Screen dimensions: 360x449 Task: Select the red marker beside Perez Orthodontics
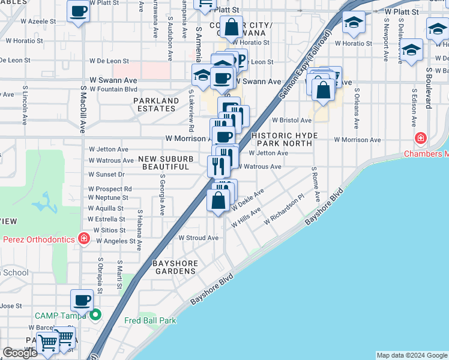pyautogui.click(x=84, y=239)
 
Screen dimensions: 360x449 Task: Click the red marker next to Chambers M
pyautogui.click(x=421, y=139)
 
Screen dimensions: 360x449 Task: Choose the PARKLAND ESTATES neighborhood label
pyautogui.click(x=156, y=104)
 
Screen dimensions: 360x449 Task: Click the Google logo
pyautogui.click(x=20, y=353)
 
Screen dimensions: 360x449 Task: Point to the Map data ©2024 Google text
pyautogui.click(x=411, y=355)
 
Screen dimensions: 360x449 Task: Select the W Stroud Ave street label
pyautogui.click(x=198, y=238)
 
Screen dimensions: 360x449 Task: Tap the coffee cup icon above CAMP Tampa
pyautogui.click(x=82, y=300)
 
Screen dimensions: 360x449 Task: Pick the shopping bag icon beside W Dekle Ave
pyautogui.click(x=218, y=200)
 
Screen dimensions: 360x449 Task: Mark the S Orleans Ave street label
pyautogui.click(x=356, y=109)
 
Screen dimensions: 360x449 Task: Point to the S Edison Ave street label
pyautogui.click(x=414, y=109)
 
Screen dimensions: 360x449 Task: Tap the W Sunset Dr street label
pyautogui.click(x=106, y=175)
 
